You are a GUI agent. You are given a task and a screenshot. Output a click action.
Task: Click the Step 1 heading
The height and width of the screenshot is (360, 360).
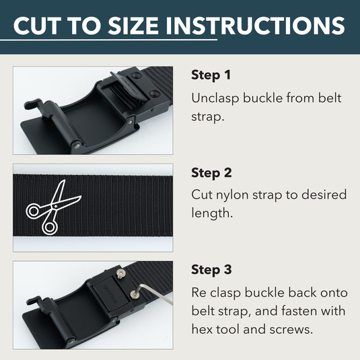pyautogui.click(x=211, y=75)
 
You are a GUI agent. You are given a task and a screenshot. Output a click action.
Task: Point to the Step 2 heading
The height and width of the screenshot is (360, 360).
pyautogui.click(x=211, y=173)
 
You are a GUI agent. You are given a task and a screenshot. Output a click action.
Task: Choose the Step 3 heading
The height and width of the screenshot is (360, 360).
pyautogui.click(x=211, y=271)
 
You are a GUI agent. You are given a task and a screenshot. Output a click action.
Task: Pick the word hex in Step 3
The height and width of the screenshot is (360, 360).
pyautogui.click(x=202, y=331)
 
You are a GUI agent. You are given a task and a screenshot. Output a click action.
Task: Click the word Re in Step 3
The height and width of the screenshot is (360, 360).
pyautogui.click(x=200, y=293)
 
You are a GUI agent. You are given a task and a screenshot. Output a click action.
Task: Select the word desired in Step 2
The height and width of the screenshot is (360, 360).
pyautogui.click(x=324, y=195)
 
